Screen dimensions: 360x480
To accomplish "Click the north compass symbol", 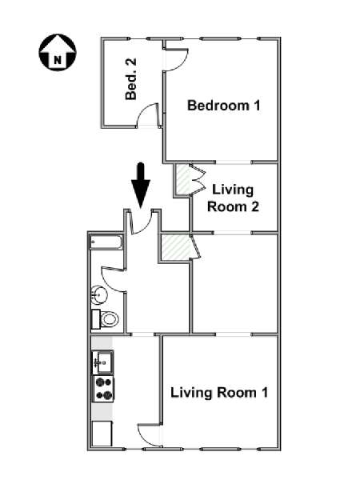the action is (x=58, y=52).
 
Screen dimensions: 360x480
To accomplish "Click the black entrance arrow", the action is (x=141, y=186).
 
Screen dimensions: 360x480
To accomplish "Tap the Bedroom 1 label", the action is (x=224, y=106).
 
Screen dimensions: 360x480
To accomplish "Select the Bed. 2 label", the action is (x=131, y=79).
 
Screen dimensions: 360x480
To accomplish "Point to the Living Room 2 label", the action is (x=233, y=198).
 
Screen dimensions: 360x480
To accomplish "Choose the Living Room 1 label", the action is (x=219, y=393).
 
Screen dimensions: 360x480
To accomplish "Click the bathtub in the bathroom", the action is (x=106, y=242).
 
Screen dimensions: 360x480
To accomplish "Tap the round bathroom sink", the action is (x=99, y=295).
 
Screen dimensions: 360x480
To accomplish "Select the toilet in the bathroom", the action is (x=105, y=319).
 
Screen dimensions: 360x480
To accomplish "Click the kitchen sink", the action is (x=103, y=362).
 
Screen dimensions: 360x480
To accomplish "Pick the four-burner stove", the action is (x=103, y=389).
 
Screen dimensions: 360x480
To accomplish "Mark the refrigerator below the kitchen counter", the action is (x=102, y=434).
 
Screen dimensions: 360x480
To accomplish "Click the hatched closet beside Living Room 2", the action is (x=183, y=180).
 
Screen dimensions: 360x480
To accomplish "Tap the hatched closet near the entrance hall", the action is (x=175, y=247).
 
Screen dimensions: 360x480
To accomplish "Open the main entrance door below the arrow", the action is (x=141, y=222).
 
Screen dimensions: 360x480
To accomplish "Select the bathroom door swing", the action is (x=114, y=279).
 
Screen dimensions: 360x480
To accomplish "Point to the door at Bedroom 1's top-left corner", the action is (x=177, y=60).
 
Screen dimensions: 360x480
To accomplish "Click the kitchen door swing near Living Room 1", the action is (x=150, y=435).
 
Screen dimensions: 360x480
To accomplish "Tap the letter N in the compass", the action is (x=58, y=59).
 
